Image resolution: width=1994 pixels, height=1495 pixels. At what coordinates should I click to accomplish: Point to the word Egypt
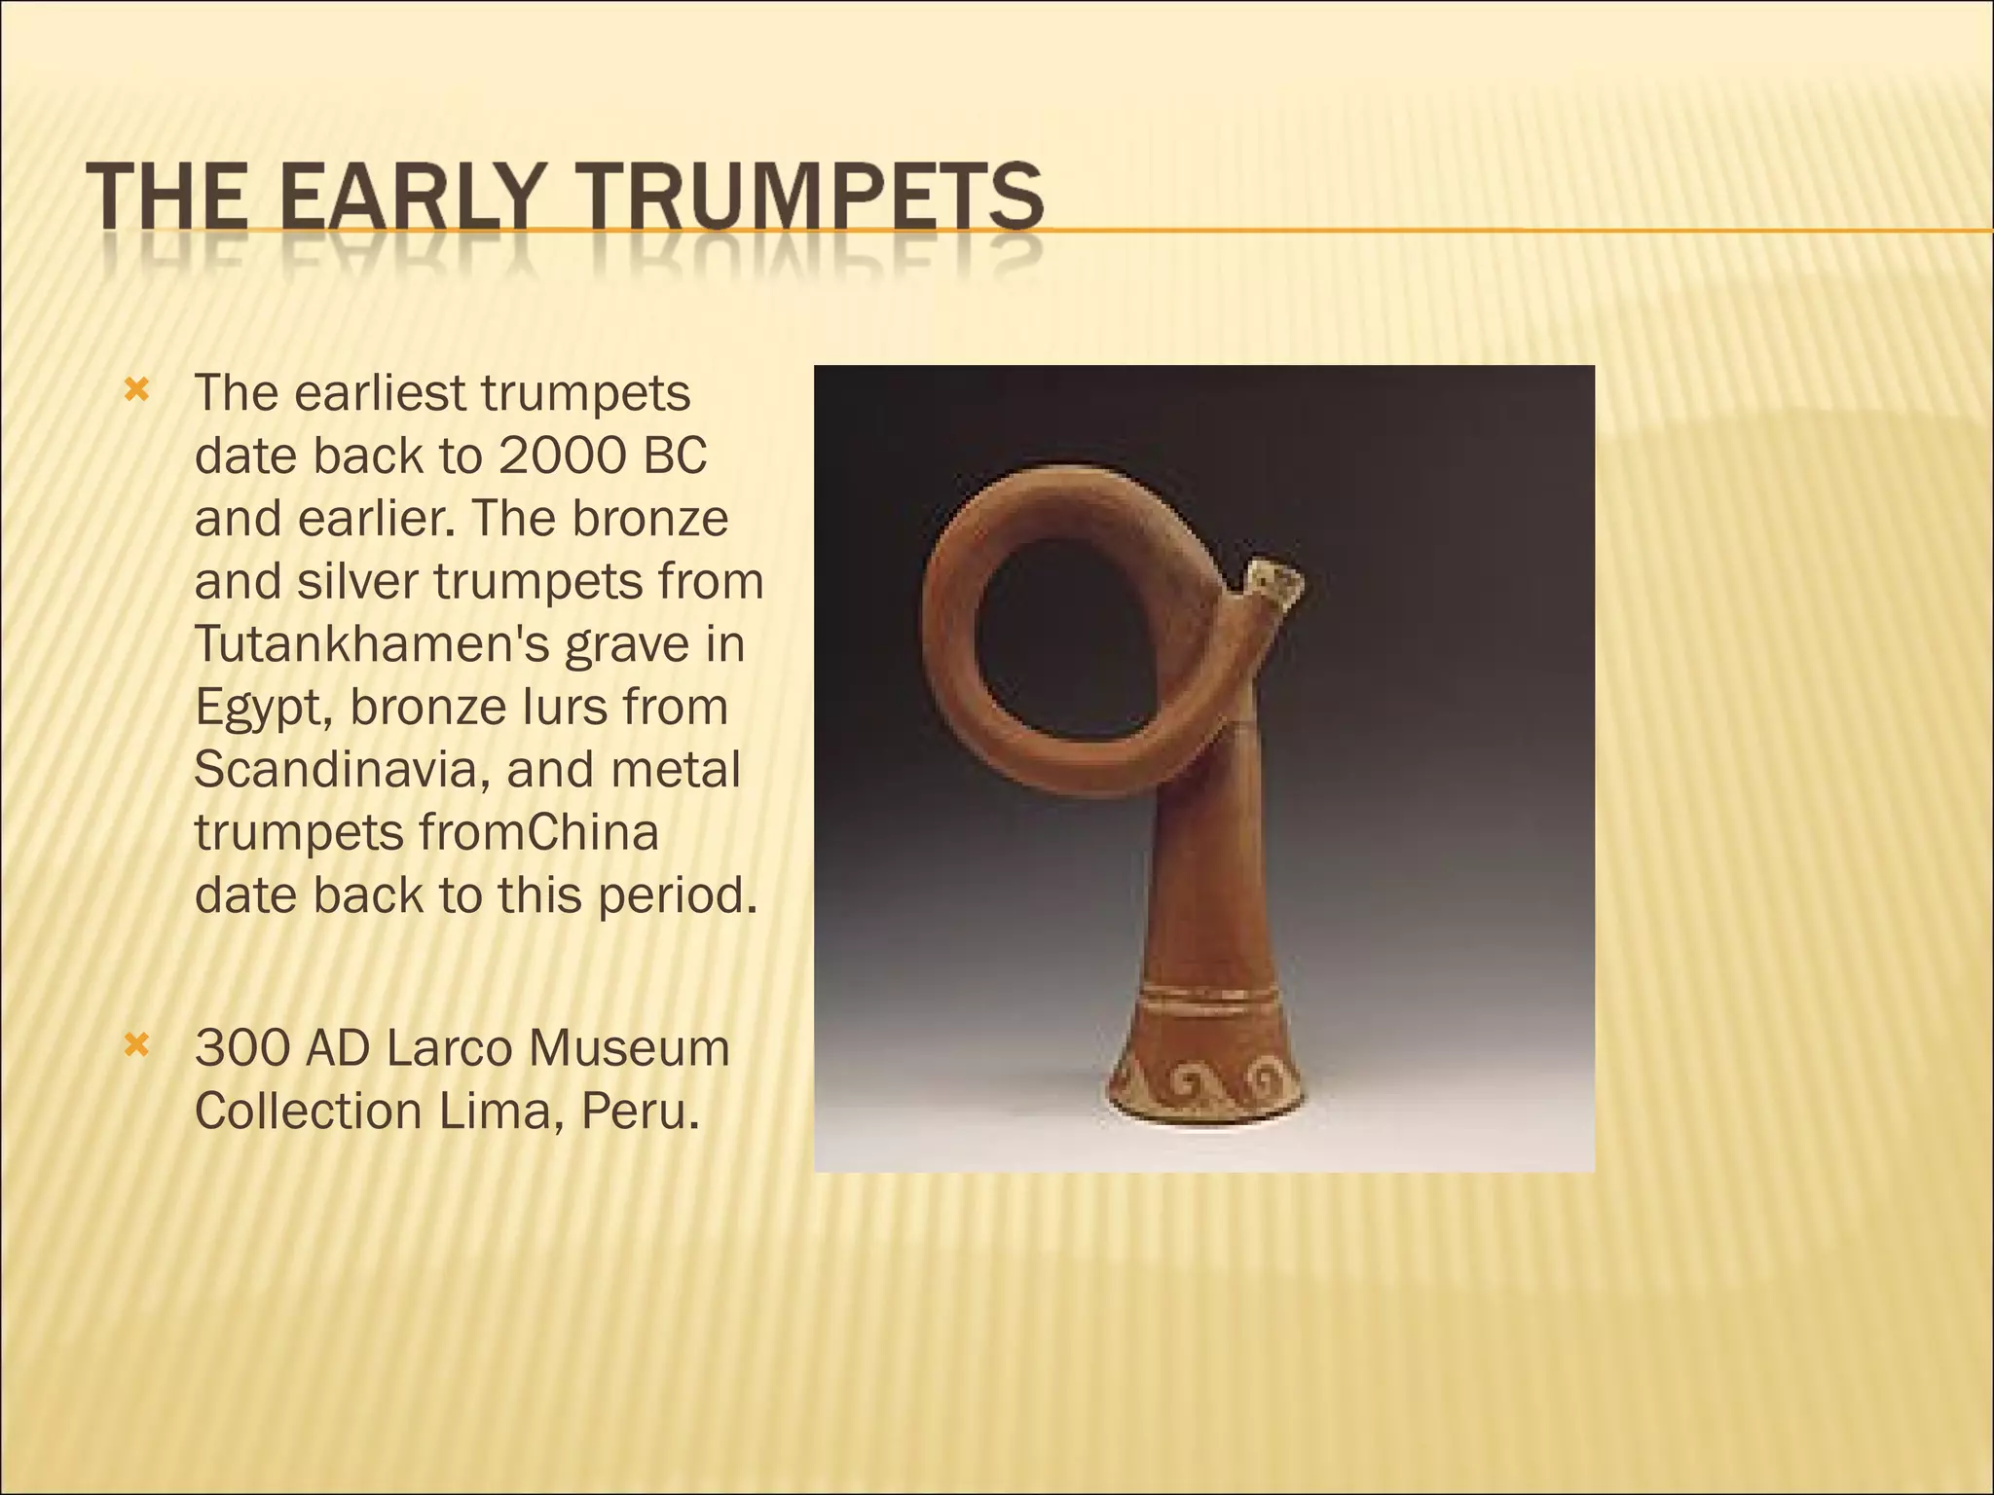[x=263, y=709]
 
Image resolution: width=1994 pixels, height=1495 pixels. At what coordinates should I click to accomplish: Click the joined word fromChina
[x=538, y=832]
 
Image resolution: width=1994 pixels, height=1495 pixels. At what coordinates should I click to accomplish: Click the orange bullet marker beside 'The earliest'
[x=136, y=391]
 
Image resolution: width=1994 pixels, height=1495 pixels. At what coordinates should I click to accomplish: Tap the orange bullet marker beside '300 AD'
[x=136, y=1046]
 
